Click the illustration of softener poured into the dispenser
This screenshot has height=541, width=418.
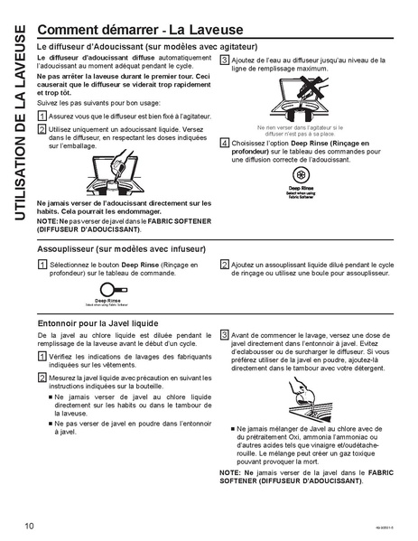pyautogui.click(x=120, y=172)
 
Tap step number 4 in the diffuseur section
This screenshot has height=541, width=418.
pyautogui.click(x=224, y=143)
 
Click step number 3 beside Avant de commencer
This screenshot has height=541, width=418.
pyautogui.click(x=224, y=335)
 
